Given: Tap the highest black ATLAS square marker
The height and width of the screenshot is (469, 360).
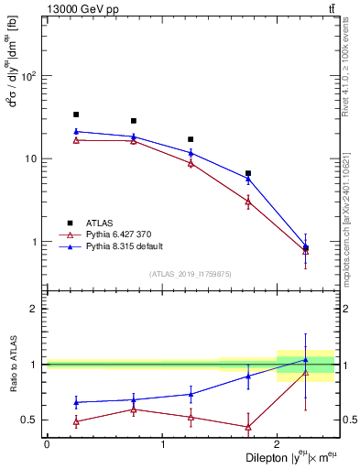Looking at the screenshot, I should coord(76,115).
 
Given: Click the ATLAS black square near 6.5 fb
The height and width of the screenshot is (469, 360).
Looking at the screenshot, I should coord(248,173).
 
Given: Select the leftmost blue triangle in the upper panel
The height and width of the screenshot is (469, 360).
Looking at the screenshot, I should coord(76,132).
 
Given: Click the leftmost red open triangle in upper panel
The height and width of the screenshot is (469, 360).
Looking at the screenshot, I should coord(76,140).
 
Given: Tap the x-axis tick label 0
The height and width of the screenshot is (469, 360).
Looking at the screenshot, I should coord(47,444).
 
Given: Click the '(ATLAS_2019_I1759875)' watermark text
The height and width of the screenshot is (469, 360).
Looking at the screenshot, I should coord(191,274).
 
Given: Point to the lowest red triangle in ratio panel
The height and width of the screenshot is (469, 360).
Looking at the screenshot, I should coord(248,427).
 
